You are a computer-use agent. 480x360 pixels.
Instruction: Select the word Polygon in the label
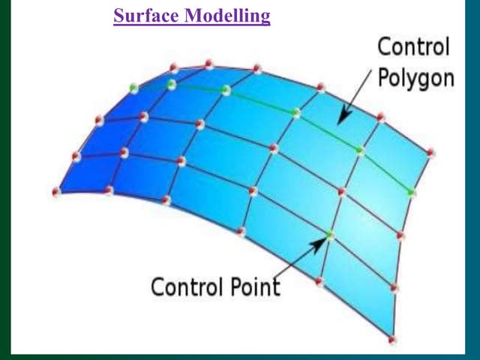coord(416,77)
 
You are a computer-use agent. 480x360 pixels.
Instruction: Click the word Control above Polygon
coord(413,47)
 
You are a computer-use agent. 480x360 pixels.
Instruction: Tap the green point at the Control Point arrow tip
coord(329,235)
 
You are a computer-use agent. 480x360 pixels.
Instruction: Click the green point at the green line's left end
coord(133,88)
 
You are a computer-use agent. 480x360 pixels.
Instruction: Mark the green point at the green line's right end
coord(411,193)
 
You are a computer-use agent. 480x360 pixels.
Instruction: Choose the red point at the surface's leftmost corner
coord(56,192)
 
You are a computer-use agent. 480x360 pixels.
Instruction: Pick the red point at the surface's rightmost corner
coord(430,152)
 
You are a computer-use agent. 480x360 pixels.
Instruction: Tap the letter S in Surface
coord(119,16)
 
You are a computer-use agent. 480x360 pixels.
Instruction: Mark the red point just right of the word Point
coord(319,282)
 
